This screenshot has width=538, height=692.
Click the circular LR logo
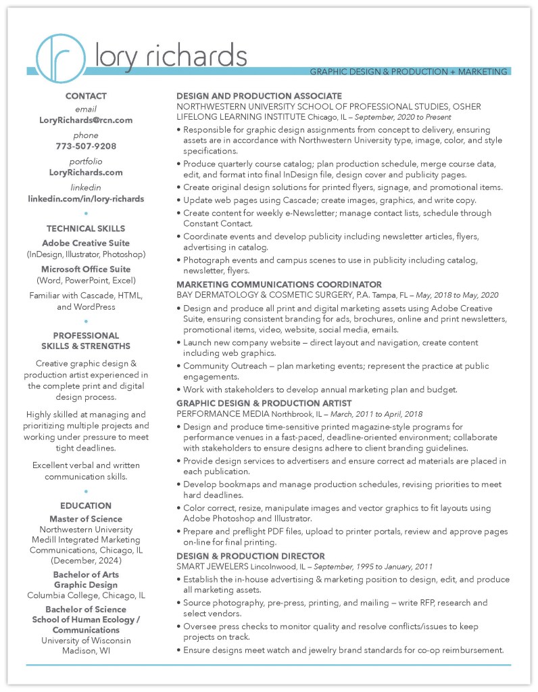pos(59,57)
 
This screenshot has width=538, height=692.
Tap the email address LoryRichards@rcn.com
pos(86,120)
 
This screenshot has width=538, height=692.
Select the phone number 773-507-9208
pos(86,146)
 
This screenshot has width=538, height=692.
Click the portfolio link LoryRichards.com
pos(86,172)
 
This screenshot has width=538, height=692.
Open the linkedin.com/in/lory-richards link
pos(86,199)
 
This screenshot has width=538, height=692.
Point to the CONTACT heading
pos(86,96)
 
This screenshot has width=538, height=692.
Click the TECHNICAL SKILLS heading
pos(86,229)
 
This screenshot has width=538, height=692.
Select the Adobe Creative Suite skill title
pos(86,243)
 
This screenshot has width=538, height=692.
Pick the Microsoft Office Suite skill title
pos(86,269)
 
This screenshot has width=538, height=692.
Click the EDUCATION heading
pos(86,505)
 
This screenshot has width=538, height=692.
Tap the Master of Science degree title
pos(86,520)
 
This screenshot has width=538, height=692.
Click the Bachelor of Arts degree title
pos(86,575)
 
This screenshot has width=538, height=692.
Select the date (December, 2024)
pos(86,561)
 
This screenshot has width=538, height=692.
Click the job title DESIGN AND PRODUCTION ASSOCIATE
pos(259,96)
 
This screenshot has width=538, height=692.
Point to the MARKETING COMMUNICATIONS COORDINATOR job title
pos(279,285)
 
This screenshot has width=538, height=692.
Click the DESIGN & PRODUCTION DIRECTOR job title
pos(251,556)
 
